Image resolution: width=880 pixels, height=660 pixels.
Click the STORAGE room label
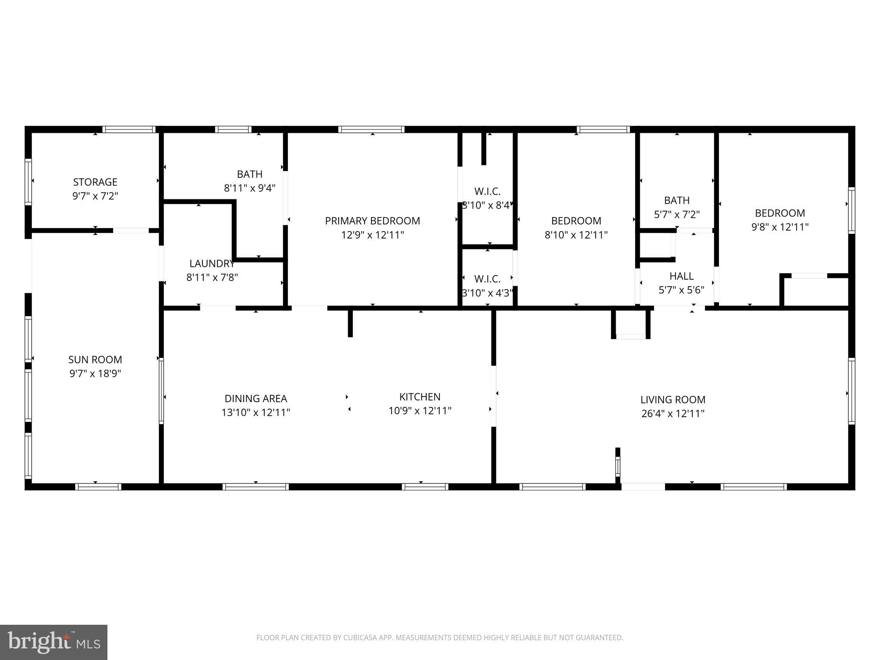[x=95, y=182]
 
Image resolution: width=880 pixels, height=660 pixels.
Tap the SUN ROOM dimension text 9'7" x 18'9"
[x=95, y=373]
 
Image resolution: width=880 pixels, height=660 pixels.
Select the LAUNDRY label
[x=212, y=263]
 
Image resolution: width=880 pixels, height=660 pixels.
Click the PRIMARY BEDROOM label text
[x=372, y=221]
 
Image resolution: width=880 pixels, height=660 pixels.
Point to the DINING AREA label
[x=256, y=398]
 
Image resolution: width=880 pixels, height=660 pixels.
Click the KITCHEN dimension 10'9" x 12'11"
[x=420, y=411]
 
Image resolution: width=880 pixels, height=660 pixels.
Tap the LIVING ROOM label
[x=672, y=400]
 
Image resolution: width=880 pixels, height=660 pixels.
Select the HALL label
[x=681, y=276]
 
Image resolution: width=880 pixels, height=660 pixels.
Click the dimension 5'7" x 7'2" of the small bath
[x=677, y=214]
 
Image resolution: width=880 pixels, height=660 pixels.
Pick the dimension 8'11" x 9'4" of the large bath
[x=250, y=188]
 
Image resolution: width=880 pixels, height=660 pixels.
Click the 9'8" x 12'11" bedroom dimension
[x=780, y=227]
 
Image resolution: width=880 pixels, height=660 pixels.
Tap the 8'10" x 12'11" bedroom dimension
[x=576, y=235]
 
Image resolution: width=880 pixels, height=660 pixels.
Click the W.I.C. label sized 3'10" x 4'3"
[x=487, y=279]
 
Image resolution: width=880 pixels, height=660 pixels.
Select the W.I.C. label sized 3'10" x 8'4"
[x=487, y=191]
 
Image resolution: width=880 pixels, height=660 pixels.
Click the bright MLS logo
[x=53, y=642]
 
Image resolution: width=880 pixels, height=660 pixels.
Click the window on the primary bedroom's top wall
[x=371, y=129]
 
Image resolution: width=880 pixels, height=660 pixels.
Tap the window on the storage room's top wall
[x=128, y=129]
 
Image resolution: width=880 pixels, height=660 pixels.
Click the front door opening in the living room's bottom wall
[x=643, y=486]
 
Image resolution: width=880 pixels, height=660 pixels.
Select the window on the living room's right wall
[x=851, y=391]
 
